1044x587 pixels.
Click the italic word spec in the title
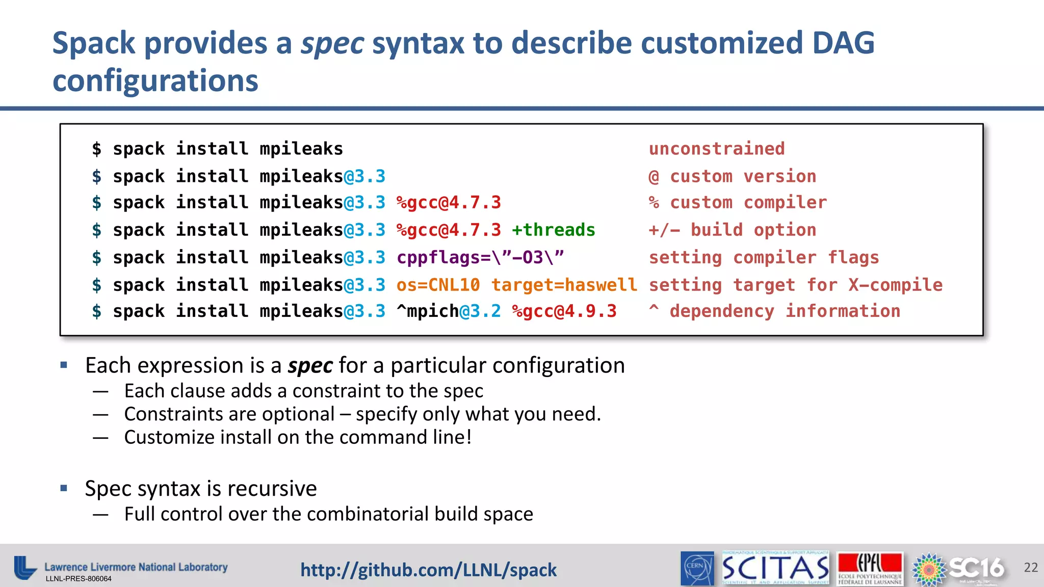click(332, 43)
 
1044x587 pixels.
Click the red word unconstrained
click(716, 149)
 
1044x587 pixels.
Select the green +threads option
click(553, 230)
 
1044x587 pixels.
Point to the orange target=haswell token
click(564, 284)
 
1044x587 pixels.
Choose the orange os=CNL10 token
click(438, 284)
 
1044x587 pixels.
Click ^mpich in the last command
click(427, 311)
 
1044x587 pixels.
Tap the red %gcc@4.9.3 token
click(564, 311)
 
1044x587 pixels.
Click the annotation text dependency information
click(785, 311)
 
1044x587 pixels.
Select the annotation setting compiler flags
click(764, 257)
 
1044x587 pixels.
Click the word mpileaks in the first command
click(301, 149)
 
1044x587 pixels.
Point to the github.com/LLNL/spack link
click(428, 570)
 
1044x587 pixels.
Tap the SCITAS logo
click(775, 568)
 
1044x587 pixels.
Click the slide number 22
click(1030, 567)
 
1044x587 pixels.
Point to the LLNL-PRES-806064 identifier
click(79, 579)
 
